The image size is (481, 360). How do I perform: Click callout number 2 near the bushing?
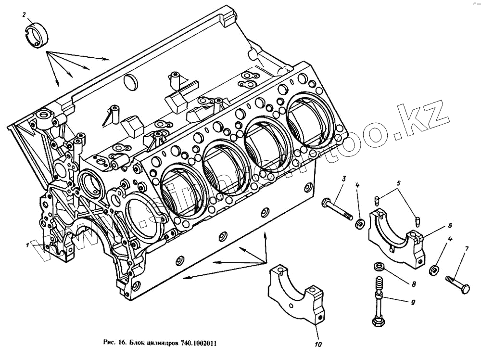coord(24,15)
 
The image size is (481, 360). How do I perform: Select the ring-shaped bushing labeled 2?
coord(37,35)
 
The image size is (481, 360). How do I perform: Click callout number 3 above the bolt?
coord(343,179)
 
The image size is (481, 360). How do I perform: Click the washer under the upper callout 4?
coord(359,223)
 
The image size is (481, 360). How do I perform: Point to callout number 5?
coord(398,183)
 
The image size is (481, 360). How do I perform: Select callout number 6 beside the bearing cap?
coord(449,225)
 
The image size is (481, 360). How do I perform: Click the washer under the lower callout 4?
coord(434,270)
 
